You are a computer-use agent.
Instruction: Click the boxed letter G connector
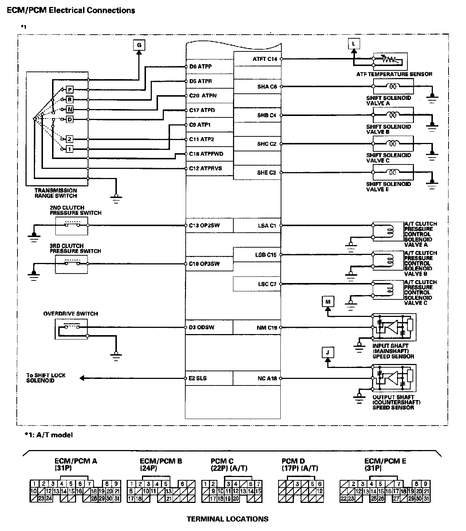139,45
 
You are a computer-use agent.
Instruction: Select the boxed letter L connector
353,44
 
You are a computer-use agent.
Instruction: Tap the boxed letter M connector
328,302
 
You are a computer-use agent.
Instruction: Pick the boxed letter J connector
328,353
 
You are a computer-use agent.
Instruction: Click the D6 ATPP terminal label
200,67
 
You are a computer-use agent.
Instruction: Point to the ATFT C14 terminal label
265,59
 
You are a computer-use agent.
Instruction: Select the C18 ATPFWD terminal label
206,154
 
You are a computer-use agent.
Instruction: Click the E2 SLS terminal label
198,378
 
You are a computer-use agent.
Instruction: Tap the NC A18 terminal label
267,379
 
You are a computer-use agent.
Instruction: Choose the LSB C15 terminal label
266,255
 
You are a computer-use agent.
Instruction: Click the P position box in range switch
70,90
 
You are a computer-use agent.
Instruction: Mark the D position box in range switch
70,119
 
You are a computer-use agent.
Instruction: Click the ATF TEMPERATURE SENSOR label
394,74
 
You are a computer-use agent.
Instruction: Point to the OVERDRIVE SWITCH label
71,314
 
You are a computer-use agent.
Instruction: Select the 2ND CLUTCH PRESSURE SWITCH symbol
72,225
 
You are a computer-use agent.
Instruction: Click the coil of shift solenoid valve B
393,115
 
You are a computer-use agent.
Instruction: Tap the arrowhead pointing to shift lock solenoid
82,378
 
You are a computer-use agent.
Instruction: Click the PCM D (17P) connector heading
300,465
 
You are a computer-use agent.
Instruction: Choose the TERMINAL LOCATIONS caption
228,519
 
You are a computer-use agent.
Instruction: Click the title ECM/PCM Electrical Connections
71,10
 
